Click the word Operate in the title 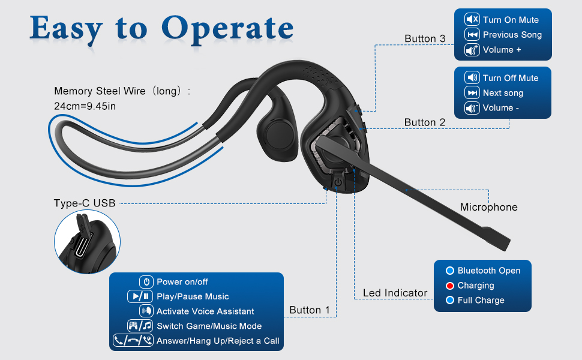point(228,28)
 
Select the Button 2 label point(424,122)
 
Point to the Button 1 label point(310,310)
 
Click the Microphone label point(488,207)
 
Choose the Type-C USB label point(84,203)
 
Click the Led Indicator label point(395,293)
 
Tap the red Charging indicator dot point(449,286)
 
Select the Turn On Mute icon point(472,20)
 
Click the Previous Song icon point(472,35)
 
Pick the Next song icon point(472,93)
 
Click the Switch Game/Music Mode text point(209,326)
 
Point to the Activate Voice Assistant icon point(146,311)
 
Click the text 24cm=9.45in point(85,106)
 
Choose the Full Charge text point(481,301)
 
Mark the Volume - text point(497,108)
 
